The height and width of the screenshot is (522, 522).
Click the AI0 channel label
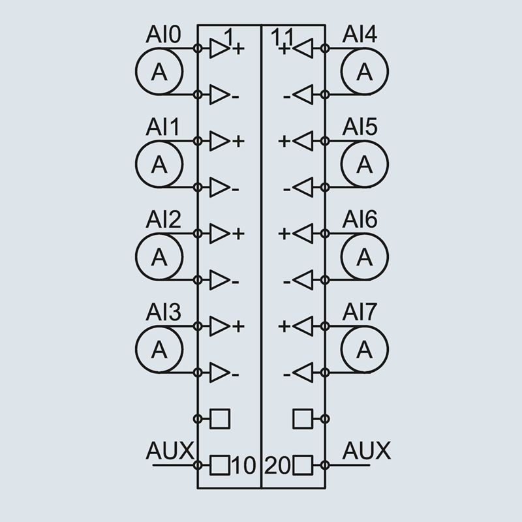point(163,35)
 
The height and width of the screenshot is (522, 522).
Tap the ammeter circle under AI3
point(159,350)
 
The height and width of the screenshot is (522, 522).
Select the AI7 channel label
point(360,313)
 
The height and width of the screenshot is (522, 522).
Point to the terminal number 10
point(243,466)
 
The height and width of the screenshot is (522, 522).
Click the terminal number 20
point(279,466)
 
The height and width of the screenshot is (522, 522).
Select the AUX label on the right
point(366,451)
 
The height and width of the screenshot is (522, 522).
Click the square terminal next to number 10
point(220,466)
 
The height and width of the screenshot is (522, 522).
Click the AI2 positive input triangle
point(219,233)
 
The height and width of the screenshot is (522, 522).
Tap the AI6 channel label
point(360,220)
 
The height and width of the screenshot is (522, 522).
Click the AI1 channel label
point(162,127)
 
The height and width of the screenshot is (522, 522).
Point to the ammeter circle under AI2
point(159,257)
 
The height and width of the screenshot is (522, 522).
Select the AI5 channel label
point(360,127)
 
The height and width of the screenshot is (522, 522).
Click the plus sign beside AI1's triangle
point(238,141)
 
